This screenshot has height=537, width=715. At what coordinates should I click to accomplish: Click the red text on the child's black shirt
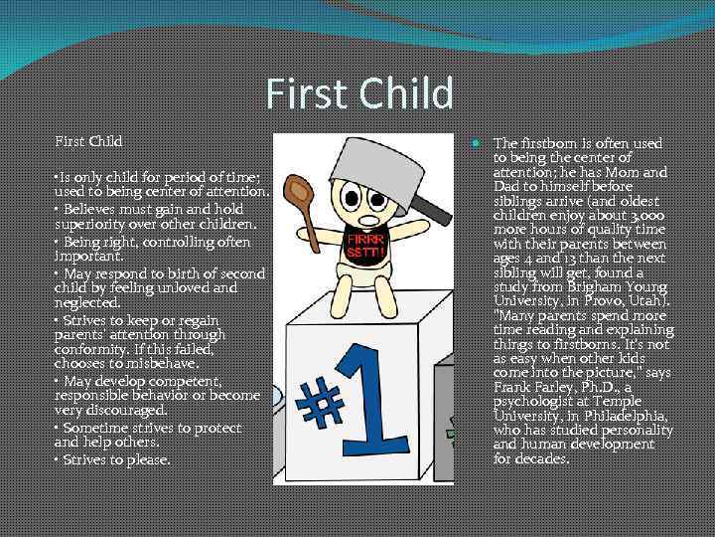click(360, 246)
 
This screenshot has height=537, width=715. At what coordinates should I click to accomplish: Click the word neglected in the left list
click(85, 302)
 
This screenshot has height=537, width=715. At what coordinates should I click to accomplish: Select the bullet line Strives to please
click(112, 460)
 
